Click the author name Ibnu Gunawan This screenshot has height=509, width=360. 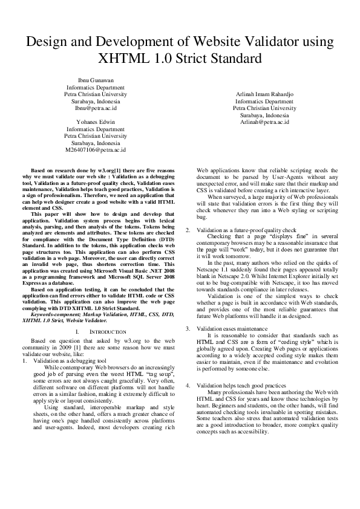point(96,80)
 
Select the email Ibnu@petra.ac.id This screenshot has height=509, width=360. point(96,108)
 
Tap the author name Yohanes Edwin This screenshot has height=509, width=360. point(96,122)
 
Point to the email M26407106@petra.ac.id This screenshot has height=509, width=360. point(96,149)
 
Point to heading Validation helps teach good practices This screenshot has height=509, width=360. point(238,385)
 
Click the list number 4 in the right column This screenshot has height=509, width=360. point(188,385)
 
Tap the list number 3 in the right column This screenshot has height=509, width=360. point(188,328)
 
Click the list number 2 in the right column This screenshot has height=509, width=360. point(188,230)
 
